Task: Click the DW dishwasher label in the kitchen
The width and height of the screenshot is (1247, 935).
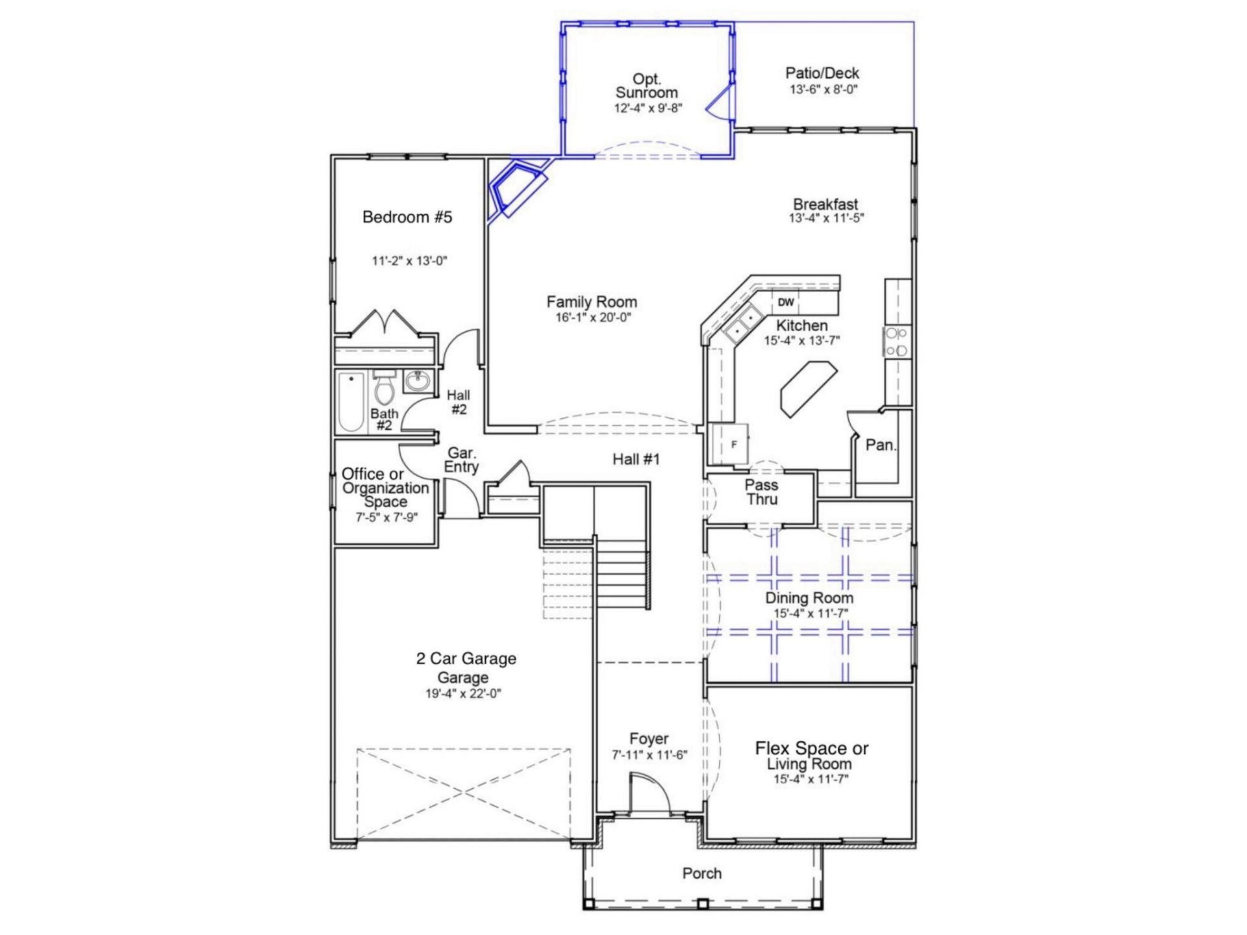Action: [x=786, y=302]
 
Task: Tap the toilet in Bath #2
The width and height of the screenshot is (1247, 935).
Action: [x=384, y=388]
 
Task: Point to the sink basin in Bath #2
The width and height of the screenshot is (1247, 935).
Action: [x=416, y=382]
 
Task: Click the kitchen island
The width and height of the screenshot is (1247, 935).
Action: [x=809, y=389]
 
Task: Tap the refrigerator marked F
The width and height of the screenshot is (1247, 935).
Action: [x=730, y=444]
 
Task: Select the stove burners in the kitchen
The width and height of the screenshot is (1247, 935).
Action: [x=896, y=342]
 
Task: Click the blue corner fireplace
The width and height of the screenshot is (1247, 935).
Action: [x=516, y=188]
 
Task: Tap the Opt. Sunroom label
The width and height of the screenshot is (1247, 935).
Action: [x=647, y=86]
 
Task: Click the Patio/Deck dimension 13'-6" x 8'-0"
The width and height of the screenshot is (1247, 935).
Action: [x=823, y=90]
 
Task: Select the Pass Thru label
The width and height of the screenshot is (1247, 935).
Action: [x=762, y=492]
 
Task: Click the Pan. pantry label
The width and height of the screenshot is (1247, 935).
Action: [x=881, y=445]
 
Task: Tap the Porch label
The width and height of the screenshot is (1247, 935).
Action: [x=701, y=873]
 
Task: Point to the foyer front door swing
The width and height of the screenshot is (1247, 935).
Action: [x=649, y=792]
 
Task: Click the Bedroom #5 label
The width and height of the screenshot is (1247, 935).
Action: [x=407, y=217]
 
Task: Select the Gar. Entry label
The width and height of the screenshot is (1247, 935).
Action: [x=461, y=460]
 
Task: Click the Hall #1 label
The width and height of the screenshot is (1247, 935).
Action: [x=636, y=460]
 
